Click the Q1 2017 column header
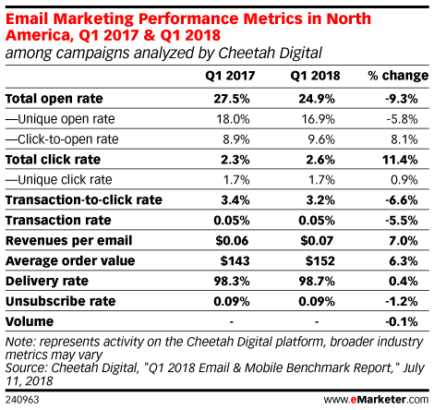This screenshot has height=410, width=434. (230, 76)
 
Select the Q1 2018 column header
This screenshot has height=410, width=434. (315, 76)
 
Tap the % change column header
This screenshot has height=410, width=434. (398, 76)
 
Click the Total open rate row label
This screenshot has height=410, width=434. (54, 99)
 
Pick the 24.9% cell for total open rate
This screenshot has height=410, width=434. (317, 99)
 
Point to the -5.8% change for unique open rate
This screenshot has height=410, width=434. (402, 119)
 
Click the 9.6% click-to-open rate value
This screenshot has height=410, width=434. (321, 139)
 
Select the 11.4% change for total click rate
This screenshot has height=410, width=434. (400, 160)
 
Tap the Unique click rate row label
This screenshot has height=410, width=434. (59, 180)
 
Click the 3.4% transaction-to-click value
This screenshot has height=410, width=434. (235, 200)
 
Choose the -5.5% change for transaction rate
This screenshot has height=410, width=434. (402, 221)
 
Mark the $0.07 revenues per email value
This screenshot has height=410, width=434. (317, 241)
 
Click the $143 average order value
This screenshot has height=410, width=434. (235, 261)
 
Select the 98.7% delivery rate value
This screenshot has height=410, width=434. (317, 281)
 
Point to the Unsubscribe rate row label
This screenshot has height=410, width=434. (61, 301)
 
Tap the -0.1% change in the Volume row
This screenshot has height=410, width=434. (402, 321)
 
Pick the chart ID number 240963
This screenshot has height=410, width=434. (22, 400)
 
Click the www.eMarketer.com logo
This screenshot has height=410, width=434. (376, 400)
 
